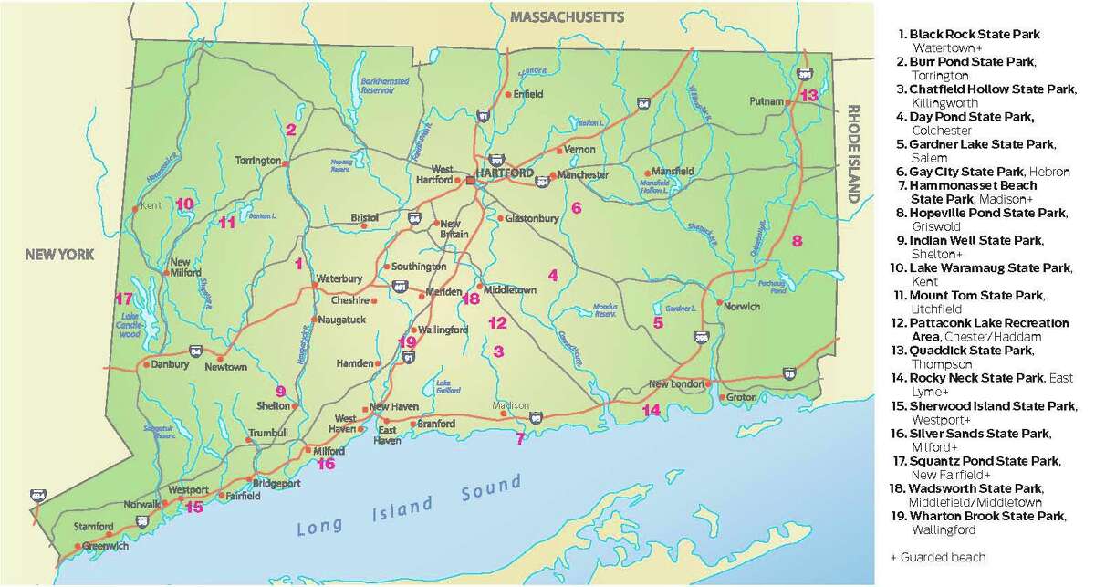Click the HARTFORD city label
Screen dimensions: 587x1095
pos(507,173)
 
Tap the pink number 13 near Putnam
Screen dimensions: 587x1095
pos(809,96)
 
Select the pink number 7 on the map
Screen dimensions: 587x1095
pos(520,439)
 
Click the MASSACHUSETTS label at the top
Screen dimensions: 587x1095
pos(568,17)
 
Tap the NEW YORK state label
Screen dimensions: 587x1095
pos(60,257)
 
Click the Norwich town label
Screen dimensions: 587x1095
pos(742,307)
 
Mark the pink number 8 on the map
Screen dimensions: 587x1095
pos(797,241)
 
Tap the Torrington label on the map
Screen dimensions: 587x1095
pos(257,161)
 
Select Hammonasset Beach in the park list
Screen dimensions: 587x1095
pos(974,185)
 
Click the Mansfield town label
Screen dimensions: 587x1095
pos(674,171)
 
